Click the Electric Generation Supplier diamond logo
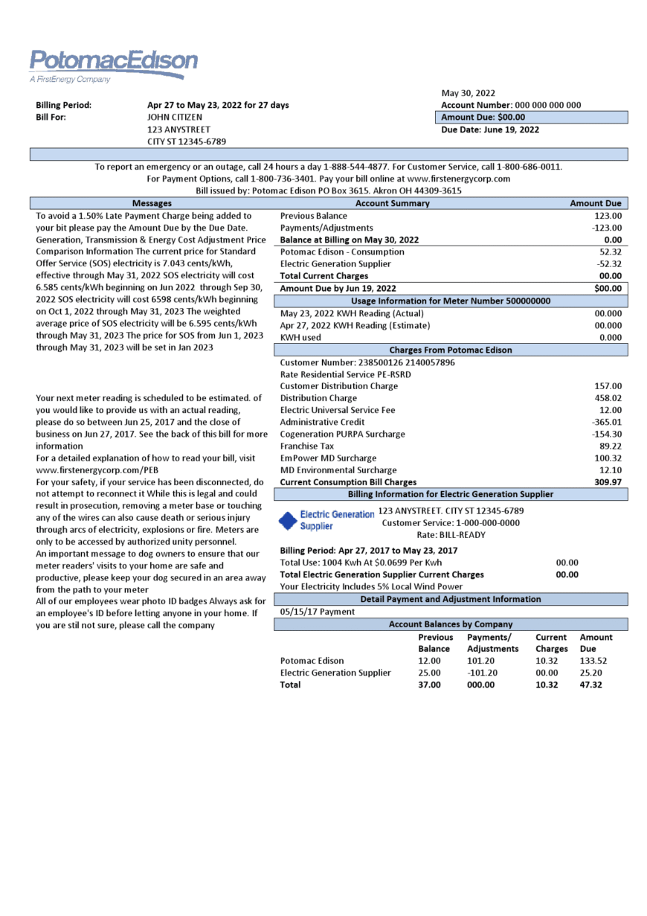[288, 520]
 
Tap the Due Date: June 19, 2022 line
[490, 129]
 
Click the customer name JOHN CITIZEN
[174, 117]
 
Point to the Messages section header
[152, 203]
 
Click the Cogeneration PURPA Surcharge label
[342, 434]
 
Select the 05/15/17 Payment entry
[317, 612]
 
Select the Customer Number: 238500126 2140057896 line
[367, 362]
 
